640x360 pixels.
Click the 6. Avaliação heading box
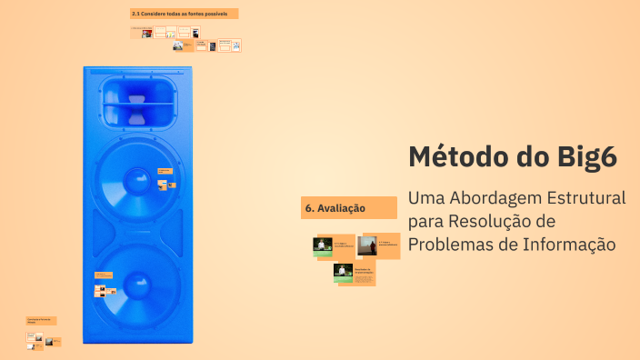pos(349,208)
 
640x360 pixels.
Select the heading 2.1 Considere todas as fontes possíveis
pos(185,14)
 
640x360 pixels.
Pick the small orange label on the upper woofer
pos(165,170)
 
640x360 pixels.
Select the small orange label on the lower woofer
pos(103,275)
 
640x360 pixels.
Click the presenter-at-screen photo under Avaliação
pos(368,245)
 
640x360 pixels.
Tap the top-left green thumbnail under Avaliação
pos(323,245)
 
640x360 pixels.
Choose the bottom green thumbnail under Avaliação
pos(343,273)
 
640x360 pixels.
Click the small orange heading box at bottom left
pos(41,321)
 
